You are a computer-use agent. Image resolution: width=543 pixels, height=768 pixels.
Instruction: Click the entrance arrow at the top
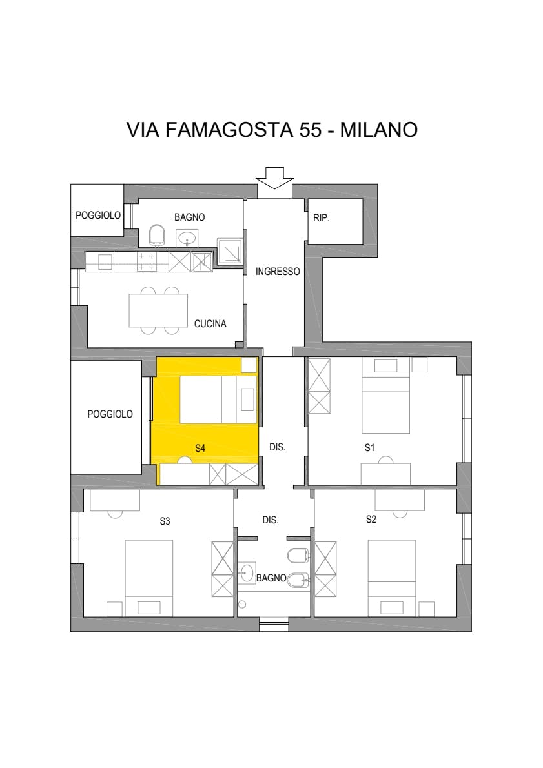point(274,177)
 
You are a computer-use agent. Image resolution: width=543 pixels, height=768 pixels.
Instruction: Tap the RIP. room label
point(322,218)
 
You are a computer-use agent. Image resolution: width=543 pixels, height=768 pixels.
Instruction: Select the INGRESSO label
point(278,271)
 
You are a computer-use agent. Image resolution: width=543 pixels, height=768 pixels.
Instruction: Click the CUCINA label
point(210,324)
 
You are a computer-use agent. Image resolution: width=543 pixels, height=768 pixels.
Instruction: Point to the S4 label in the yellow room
point(200,448)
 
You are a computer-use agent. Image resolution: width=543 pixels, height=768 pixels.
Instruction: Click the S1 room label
point(369,447)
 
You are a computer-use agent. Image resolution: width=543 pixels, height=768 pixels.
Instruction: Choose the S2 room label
point(371,519)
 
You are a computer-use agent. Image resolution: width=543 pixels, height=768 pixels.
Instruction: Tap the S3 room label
point(165,521)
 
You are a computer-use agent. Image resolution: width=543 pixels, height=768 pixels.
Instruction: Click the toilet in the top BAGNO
point(157,236)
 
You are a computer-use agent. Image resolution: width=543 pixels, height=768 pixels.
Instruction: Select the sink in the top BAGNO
point(187,239)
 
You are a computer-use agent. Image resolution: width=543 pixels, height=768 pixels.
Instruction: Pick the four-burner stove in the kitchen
point(146,261)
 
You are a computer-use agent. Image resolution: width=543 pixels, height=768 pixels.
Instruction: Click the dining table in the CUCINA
point(158,310)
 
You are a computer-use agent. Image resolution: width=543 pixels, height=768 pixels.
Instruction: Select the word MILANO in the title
point(379,130)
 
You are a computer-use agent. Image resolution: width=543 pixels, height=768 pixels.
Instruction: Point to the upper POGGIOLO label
point(98,215)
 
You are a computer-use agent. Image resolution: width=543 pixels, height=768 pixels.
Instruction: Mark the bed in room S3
point(149,578)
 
